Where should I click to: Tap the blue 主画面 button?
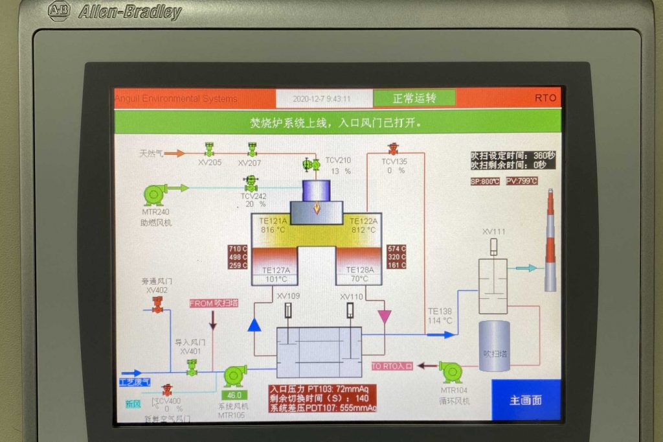coord(525,401)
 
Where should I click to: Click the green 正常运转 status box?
coord(414,98)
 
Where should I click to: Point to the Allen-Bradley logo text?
coord(130,11)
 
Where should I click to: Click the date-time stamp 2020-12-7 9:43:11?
coord(322,99)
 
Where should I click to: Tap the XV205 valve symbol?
coord(209,150)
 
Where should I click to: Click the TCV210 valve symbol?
coord(312,165)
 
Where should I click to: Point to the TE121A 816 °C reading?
coord(273,225)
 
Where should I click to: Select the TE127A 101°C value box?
coord(276,279)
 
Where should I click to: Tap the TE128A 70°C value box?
coord(359,279)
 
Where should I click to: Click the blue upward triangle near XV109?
coord(254,325)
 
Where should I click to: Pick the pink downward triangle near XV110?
coord(384,316)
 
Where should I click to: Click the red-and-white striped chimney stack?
coord(550,240)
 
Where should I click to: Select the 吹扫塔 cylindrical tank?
coord(494,346)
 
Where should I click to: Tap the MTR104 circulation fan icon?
coord(451,372)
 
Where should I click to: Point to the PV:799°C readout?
coord(521,181)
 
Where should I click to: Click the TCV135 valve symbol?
coord(393,150)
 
